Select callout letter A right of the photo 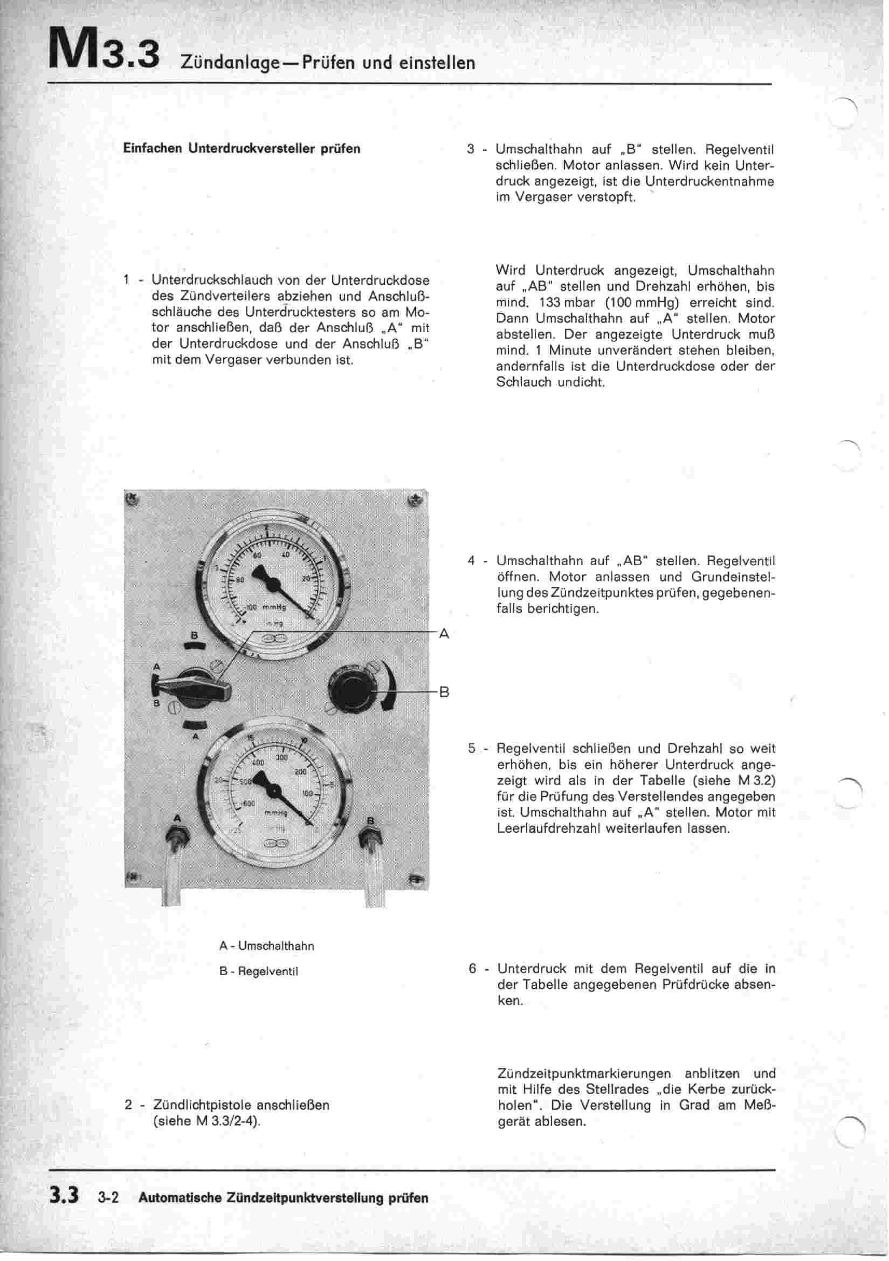pyautogui.click(x=444, y=634)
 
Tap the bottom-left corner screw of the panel pyautogui.click(x=132, y=878)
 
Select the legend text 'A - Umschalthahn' pyautogui.click(x=266, y=946)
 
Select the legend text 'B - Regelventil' pyautogui.click(x=258, y=971)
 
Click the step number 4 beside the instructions pyautogui.click(x=471, y=561)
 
